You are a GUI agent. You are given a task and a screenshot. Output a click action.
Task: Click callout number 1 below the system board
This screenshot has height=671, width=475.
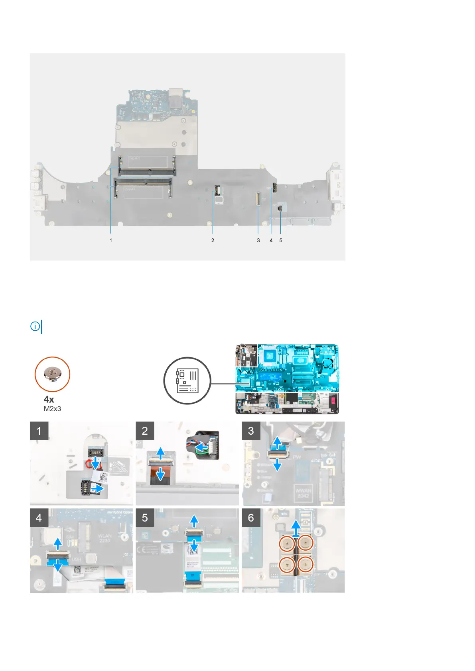(111, 240)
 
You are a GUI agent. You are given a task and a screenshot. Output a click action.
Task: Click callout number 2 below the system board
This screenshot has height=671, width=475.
(213, 240)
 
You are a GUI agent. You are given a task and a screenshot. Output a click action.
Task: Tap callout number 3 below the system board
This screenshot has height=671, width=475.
(258, 240)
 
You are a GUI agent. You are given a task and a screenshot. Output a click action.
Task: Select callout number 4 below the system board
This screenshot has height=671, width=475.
(271, 240)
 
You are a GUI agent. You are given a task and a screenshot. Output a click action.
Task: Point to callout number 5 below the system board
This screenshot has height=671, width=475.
(281, 240)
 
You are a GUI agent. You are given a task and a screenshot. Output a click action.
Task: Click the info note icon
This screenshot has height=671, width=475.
(35, 327)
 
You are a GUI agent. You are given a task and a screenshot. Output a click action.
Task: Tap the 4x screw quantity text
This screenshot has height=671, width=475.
(49, 399)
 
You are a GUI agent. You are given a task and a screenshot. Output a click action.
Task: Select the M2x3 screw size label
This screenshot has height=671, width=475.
(52, 409)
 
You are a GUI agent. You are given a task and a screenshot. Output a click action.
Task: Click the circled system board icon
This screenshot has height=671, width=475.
(187, 381)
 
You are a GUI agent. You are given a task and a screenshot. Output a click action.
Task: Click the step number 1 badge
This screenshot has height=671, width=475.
(39, 431)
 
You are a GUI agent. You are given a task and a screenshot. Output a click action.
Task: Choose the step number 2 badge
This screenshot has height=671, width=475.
(145, 431)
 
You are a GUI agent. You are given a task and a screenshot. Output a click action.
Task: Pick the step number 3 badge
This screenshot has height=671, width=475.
(251, 431)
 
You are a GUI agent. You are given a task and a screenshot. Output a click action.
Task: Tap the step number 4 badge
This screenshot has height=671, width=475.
(39, 518)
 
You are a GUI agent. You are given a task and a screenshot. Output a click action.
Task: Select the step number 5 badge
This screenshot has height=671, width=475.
(145, 518)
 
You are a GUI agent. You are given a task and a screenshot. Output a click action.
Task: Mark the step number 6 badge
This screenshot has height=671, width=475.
(251, 518)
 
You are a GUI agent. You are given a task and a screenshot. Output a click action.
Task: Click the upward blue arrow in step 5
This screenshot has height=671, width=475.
(194, 520)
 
